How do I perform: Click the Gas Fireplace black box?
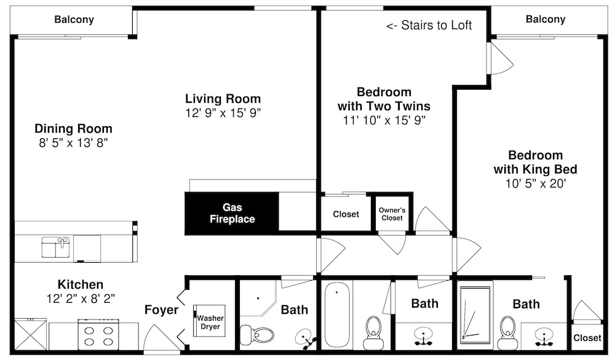coord(232,214)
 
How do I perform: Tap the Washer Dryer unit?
coord(210,321)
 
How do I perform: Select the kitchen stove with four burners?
coord(98,334)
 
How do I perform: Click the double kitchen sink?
coord(56,247)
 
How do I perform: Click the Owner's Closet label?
coord(392,214)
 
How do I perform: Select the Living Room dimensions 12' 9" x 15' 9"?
coord(223,113)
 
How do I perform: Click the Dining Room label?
coord(73,129)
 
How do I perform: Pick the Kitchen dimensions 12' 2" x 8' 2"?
coord(81,298)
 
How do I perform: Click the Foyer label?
coord(161,310)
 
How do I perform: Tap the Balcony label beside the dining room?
coord(74,19)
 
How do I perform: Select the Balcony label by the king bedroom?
coord(546,19)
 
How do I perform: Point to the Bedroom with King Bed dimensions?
coord(536,183)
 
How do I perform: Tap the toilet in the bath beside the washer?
coord(257,335)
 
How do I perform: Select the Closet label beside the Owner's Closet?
coord(346,214)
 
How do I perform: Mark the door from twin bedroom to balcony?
coord(501,58)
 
